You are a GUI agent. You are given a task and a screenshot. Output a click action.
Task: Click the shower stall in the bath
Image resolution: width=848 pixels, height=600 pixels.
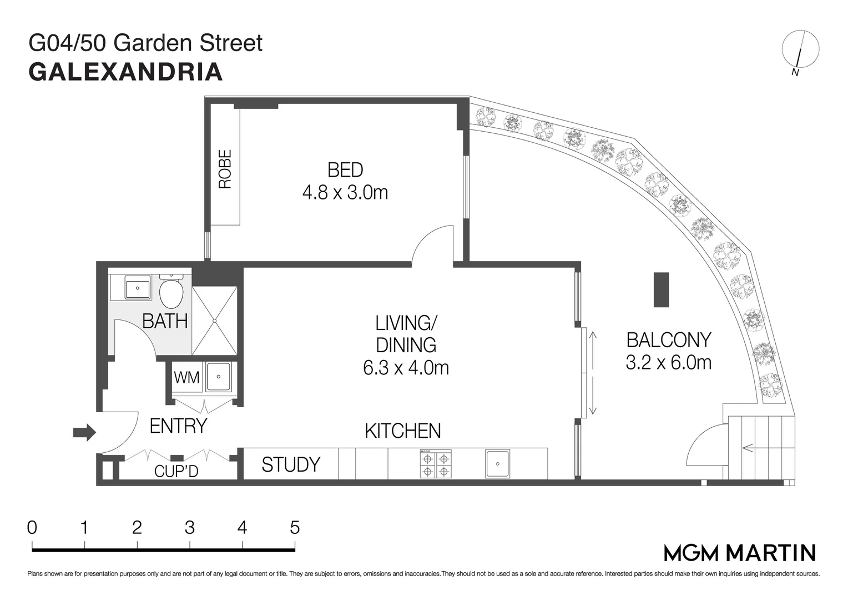coord(214,321)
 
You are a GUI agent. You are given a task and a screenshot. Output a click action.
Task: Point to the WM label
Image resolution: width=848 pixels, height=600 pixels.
coord(186,378)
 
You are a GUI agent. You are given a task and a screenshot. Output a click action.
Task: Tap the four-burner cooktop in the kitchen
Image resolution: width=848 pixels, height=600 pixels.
coord(436,464)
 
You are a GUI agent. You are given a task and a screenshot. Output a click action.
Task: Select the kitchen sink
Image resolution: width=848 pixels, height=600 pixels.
coord(497,464)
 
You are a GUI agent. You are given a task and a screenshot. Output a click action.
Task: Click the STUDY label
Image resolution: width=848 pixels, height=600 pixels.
coord(291,464)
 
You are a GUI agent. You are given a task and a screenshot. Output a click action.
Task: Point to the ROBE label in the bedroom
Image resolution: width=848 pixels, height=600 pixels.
coord(225,169)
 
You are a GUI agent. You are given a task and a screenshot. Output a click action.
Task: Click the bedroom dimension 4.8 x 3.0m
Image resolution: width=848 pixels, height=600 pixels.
coord(345,193)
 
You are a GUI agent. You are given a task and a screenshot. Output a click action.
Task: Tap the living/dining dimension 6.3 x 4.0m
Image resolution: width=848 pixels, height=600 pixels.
coord(406,368)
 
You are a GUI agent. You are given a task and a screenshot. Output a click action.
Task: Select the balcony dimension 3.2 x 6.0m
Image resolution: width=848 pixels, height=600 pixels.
coord(668,363)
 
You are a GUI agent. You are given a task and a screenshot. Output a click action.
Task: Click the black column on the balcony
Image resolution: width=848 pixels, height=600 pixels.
coord(661,289)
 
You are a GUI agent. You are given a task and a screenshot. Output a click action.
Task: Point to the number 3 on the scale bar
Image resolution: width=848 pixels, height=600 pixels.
coord(190,527)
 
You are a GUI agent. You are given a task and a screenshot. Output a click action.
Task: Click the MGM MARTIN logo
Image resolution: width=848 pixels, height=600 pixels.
coord(740,553)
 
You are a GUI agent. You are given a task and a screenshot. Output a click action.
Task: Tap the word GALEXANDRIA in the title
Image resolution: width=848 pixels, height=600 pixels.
coord(125,72)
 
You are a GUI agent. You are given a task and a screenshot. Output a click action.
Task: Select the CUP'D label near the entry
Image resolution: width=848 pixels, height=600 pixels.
coord(176,472)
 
